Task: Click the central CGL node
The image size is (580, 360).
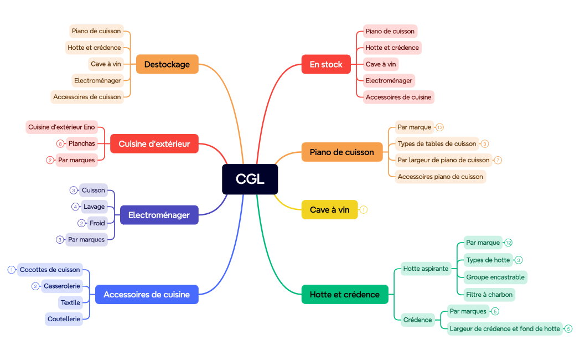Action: point(250,179)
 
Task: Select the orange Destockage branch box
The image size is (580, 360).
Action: point(167,64)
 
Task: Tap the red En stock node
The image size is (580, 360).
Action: point(326,64)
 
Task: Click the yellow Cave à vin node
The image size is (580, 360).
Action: point(330,210)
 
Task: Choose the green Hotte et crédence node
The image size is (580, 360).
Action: point(345,294)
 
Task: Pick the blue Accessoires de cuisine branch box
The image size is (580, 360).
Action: point(147,294)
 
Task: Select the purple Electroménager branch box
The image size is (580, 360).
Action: point(159,215)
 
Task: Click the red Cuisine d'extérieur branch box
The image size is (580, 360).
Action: point(154,144)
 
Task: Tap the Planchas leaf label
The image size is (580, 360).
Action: point(82,143)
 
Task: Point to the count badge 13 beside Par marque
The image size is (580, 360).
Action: point(440,127)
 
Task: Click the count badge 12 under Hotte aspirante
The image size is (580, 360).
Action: point(509,243)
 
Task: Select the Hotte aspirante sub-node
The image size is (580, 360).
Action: point(426,269)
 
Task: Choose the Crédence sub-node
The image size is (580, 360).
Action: point(417,320)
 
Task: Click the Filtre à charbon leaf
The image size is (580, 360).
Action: point(490,294)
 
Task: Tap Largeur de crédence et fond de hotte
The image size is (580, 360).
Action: point(505,328)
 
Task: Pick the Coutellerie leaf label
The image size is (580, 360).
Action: point(64,319)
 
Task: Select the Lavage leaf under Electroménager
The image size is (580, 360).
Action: point(95,207)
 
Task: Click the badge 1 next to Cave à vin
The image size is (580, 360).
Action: point(364,210)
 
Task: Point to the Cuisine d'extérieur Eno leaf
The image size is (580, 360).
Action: point(62,127)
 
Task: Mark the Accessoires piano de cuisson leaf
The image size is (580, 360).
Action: point(441,177)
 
